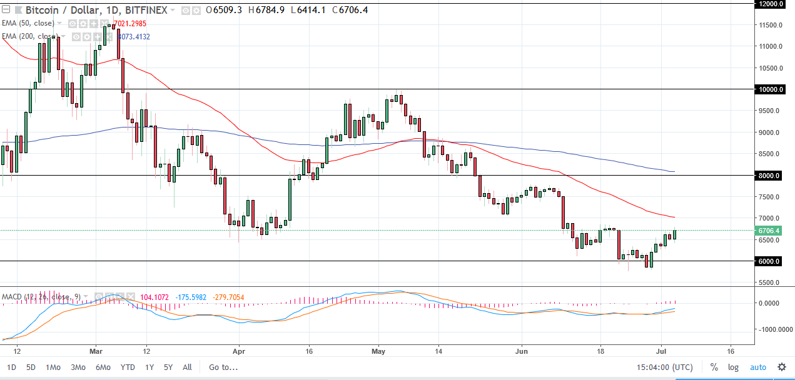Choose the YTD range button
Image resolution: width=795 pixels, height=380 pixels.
pyautogui.click(x=128, y=367)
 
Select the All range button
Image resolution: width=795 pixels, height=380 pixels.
pyautogui.click(x=187, y=367)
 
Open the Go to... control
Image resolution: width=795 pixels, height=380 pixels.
pyautogui.click(x=223, y=367)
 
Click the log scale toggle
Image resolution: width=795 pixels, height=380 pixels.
pyautogui.click(x=733, y=367)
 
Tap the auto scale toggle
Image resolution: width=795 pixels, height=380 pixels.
pyautogui.click(x=757, y=367)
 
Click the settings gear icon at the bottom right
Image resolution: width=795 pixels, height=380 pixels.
pyautogui.click(x=781, y=367)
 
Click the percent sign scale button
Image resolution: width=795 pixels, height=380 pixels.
pyautogui.click(x=714, y=367)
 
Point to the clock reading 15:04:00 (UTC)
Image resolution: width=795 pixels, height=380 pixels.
pyautogui.click(x=664, y=367)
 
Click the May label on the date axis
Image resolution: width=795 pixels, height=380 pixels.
pyautogui.click(x=378, y=351)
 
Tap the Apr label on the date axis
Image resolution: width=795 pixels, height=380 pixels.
pyautogui.click(x=238, y=351)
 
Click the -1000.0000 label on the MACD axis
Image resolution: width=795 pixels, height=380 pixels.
pyautogui.click(x=768, y=329)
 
